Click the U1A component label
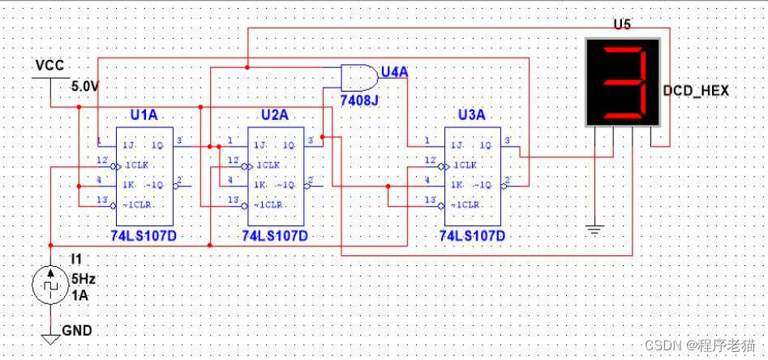[x=144, y=115]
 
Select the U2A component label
[x=274, y=115]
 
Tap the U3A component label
[x=473, y=115]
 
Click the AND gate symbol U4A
[x=359, y=77]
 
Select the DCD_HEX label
[x=695, y=91]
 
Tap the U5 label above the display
[x=621, y=24]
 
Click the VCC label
[x=49, y=65]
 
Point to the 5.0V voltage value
[x=85, y=85]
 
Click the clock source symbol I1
[x=50, y=286]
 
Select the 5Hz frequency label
[x=84, y=279]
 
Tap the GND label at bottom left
[x=77, y=330]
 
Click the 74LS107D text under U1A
[x=144, y=235]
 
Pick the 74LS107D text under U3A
[x=473, y=236]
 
